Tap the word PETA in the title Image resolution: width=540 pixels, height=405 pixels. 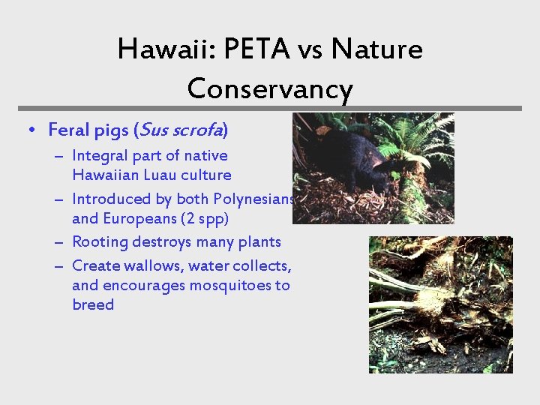pos(246,50)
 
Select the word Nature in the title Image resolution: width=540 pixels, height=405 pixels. pos(376,50)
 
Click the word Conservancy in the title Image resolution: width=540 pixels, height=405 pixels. pos(270,89)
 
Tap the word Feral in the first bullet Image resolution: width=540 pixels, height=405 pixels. pos(67,130)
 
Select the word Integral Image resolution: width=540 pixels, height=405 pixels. pos(99,156)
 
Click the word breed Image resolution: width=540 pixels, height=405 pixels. pos(93,305)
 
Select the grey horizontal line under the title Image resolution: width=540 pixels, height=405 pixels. pos(270,108)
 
